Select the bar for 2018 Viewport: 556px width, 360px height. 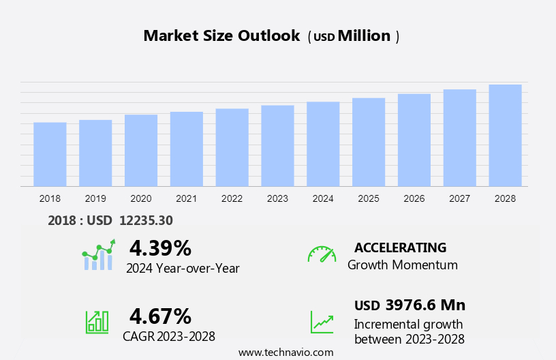(50, 154)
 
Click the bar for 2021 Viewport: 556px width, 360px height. (187, 149)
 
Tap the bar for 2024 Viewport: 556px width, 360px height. (323, 144)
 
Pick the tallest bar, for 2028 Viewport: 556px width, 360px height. (505, 135)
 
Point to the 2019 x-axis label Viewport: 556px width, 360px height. (95, 198)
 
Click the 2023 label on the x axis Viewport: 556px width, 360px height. (277, 198)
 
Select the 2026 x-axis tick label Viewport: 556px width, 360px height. (414, 198)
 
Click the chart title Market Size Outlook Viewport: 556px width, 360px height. (221, 36)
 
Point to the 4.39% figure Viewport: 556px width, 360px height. (160, 247)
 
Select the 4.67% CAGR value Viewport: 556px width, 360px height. (160, 316)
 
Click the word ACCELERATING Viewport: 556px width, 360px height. (400, 247)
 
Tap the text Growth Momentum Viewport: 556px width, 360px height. (403, 265)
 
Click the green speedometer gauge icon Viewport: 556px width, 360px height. (322, 255)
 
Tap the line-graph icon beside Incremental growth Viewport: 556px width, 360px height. (322, 322)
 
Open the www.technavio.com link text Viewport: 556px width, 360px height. (285, 352)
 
